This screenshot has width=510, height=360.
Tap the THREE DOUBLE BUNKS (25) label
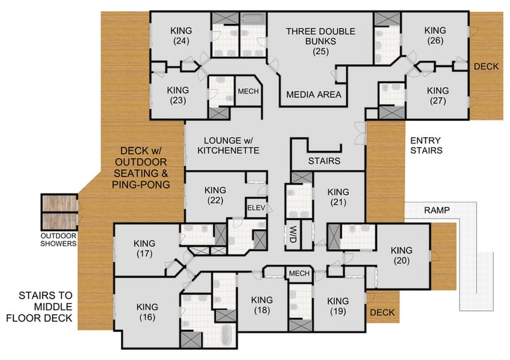320,41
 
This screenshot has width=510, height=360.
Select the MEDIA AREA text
314,94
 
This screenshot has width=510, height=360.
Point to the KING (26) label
435,35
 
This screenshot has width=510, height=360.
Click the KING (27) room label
438,96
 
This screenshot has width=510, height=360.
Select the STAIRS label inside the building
324,161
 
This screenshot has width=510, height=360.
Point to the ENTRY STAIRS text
426,145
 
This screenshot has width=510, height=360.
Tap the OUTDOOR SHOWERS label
58,239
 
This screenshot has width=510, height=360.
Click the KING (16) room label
147,311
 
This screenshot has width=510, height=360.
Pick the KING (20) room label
401,255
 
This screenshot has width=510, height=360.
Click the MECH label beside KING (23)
248,92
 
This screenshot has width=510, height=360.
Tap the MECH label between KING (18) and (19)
299,273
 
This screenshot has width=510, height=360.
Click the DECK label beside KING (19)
382,312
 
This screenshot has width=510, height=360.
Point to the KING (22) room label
215,195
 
